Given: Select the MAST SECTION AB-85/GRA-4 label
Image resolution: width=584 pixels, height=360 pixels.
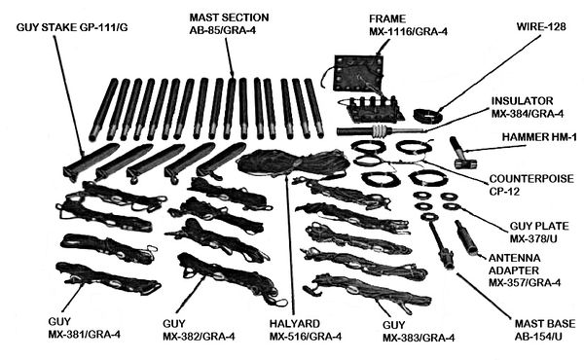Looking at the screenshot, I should pyautogui.click(x=231, y=23).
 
